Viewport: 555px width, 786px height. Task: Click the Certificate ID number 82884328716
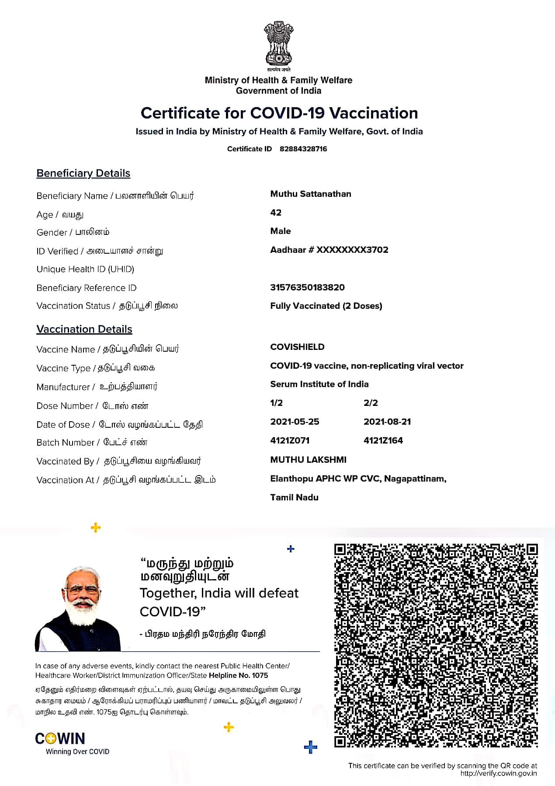303,149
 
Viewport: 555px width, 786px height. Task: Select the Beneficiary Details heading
83,173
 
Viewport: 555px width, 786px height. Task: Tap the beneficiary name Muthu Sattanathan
311,194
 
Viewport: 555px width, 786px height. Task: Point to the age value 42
276,213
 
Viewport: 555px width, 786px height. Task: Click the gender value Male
281,231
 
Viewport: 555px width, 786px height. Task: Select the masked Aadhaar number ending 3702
329,250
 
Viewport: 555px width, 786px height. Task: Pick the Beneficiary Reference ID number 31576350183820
307,287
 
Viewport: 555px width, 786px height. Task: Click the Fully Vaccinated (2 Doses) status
326,306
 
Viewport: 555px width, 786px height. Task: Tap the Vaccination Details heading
84,329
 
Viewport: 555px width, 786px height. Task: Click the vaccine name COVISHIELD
297,347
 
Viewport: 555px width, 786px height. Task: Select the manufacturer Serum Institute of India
319,384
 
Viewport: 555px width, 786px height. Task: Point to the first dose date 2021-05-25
295,422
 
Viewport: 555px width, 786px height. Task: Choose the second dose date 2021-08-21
387,422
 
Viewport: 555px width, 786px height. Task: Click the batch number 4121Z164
383,440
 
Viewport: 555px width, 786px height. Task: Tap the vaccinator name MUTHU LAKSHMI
308,460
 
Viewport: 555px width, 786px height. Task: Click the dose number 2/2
371,403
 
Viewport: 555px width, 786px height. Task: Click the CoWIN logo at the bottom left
60,739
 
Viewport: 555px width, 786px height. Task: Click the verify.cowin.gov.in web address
499,773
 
